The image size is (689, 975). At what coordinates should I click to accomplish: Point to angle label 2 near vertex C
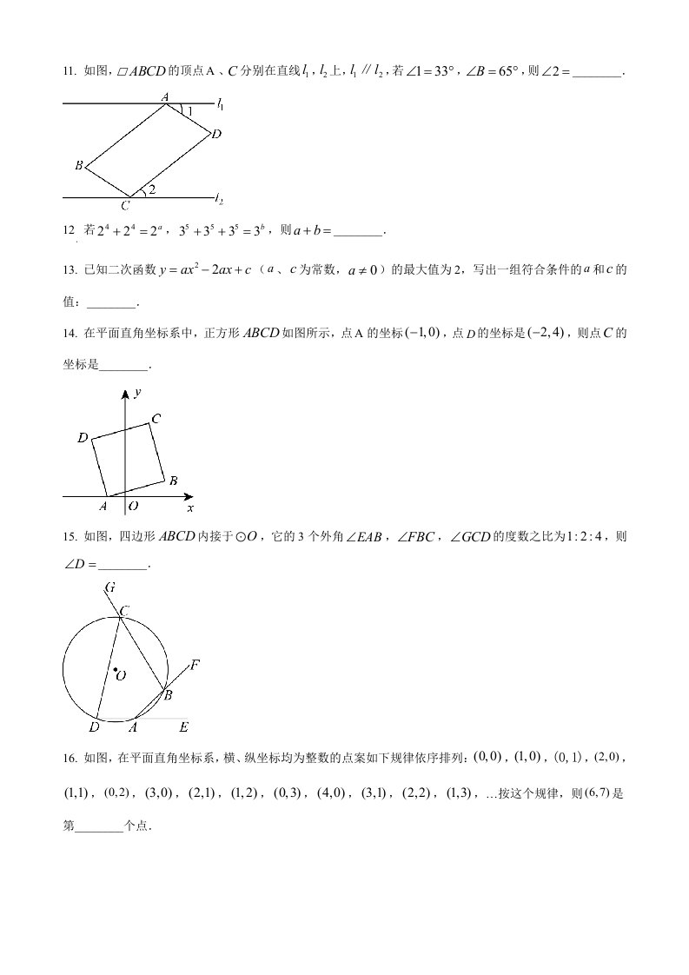[x=152, y=189]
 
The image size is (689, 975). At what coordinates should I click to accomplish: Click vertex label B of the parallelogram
[x=78, y=165]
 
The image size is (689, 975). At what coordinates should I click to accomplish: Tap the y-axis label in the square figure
[x=137, y=393]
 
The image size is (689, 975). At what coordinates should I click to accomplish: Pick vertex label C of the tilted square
[x=156, y=419]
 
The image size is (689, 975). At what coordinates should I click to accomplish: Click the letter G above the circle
[x=110, y=587]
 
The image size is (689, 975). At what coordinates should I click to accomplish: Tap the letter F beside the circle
[x=195, y=666]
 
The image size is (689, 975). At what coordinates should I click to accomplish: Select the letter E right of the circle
[x=183, y=726]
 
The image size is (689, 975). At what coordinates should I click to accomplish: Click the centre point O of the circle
[x=115, y=670]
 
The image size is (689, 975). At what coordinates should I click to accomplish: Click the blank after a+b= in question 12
[x=358, y=231]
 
